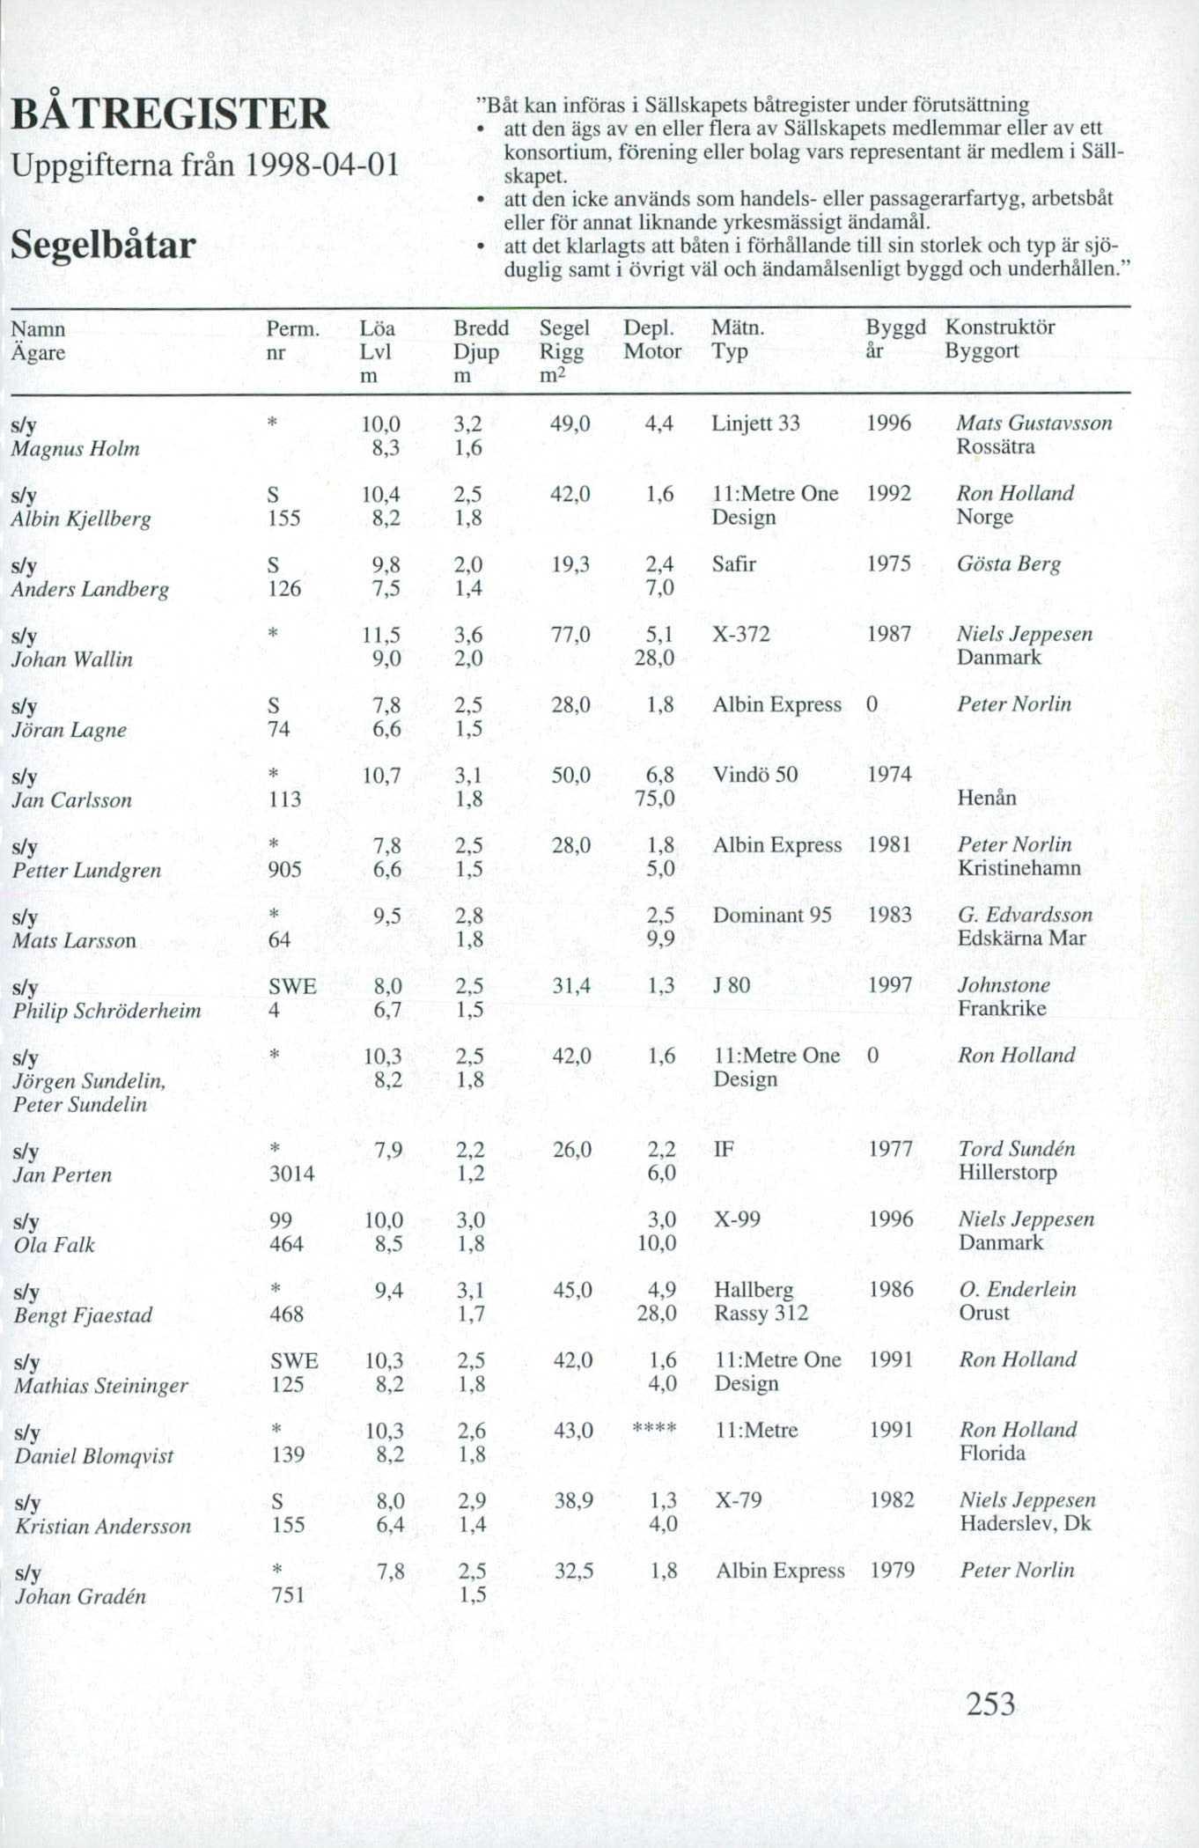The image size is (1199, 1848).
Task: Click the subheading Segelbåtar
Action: [x=103, y=245]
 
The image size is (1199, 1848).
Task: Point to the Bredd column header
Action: [x=481, y=328]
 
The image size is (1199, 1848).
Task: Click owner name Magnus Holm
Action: [x=76, y=449]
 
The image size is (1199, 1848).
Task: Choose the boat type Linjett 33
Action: [x=755, y=423]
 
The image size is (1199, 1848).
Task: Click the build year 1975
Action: [x=888, y=563]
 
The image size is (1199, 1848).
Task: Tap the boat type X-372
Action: [x=740, y=634]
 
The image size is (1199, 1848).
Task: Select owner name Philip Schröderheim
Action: [x=107, y=1011]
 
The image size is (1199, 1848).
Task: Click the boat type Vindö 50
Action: [x=754, y=775]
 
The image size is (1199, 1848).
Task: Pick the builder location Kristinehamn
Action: [x=1019, y=868]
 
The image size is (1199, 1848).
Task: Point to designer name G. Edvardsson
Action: [x=1025, y=915]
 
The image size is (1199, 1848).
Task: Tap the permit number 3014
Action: [x=291, y=1174]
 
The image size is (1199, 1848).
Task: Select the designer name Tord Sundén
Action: [x=1017, y=1149]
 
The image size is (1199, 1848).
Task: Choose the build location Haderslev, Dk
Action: [x=1025, y=1524]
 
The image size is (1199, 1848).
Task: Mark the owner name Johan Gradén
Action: [x=80, y=1596]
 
